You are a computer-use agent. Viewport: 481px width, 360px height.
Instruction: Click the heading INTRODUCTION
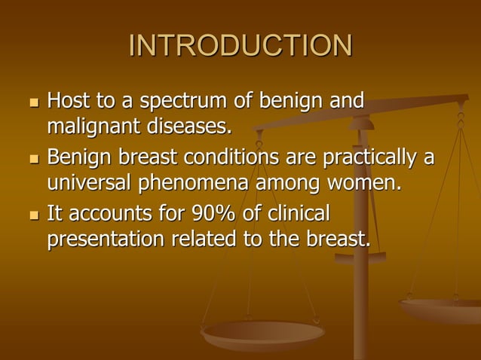(240, 47)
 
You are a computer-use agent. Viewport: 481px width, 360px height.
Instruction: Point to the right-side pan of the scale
(442, 310)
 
